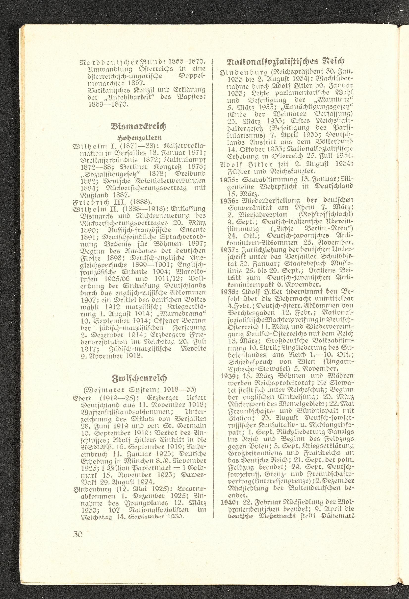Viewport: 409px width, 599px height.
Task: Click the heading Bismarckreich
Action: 138,126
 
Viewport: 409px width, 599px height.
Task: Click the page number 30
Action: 77,534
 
